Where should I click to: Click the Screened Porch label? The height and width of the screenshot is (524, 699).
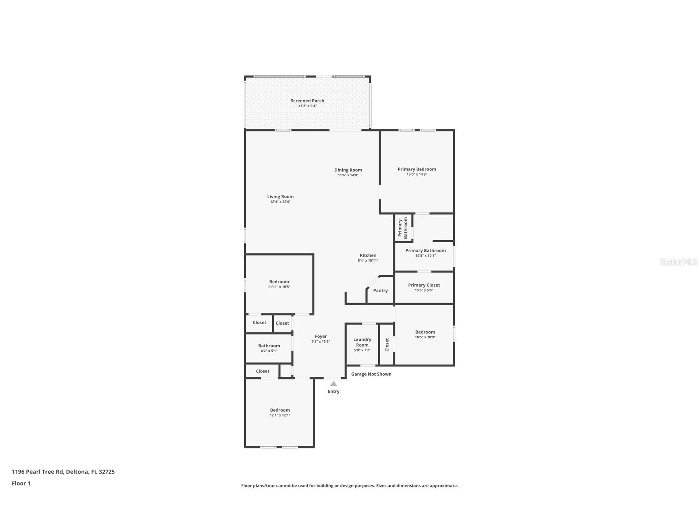[307, 101]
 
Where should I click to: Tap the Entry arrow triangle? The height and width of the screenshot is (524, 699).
[334, 384]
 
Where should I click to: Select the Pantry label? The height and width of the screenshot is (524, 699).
[380, 290]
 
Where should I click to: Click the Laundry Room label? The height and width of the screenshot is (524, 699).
[362, 342]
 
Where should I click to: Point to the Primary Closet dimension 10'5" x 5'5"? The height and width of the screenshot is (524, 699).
[424, 290]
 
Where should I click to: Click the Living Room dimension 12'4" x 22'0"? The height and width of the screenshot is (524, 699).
[280, 202]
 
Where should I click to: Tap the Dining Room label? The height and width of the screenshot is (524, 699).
[348, 170]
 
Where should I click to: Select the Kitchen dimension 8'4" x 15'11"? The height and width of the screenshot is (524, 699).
[368, 260]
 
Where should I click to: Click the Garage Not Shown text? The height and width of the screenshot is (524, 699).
[371, 374]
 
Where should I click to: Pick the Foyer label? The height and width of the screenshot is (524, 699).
[320, 336]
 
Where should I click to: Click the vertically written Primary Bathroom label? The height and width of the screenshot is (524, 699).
[402, 228]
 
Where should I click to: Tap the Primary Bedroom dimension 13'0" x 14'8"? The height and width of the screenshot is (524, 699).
[417, 174]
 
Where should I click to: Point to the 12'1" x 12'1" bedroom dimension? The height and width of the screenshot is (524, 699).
[280, 415]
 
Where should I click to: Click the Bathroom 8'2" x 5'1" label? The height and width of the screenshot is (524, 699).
[269, 346]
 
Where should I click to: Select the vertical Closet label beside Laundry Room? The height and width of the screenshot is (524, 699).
[387, 344]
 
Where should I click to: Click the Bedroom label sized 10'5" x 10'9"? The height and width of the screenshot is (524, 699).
[425, 332]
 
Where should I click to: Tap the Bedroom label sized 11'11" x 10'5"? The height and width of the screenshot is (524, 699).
[279, 281]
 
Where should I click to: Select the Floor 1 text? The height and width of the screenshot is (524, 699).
[21, 483]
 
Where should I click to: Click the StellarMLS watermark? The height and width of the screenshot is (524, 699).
[678, 262]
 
